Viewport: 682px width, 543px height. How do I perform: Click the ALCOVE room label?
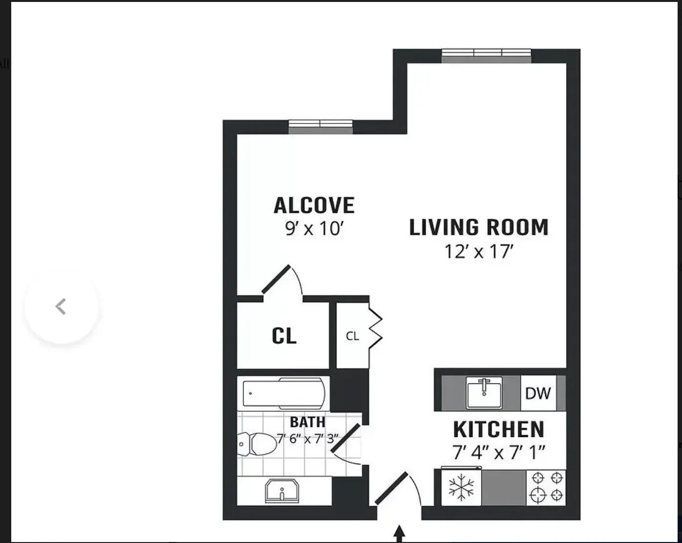point(314,206)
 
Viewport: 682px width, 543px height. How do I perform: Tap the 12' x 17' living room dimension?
point(479,252)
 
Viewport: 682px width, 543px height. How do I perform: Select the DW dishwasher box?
point(538,393)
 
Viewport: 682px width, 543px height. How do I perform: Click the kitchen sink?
point(484,393)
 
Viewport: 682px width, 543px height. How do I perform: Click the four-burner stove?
point(546,487)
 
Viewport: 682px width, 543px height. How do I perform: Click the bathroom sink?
point(282,491)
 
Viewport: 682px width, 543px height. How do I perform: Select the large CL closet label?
point(284,336)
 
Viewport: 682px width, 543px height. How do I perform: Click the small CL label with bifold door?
point(352,336)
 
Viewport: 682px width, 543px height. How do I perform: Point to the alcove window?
point(320,126)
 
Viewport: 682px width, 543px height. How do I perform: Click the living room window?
point(487,56)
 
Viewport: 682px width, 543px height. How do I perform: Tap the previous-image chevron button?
point(61,307)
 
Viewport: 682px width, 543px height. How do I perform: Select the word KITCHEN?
point(498,430)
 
